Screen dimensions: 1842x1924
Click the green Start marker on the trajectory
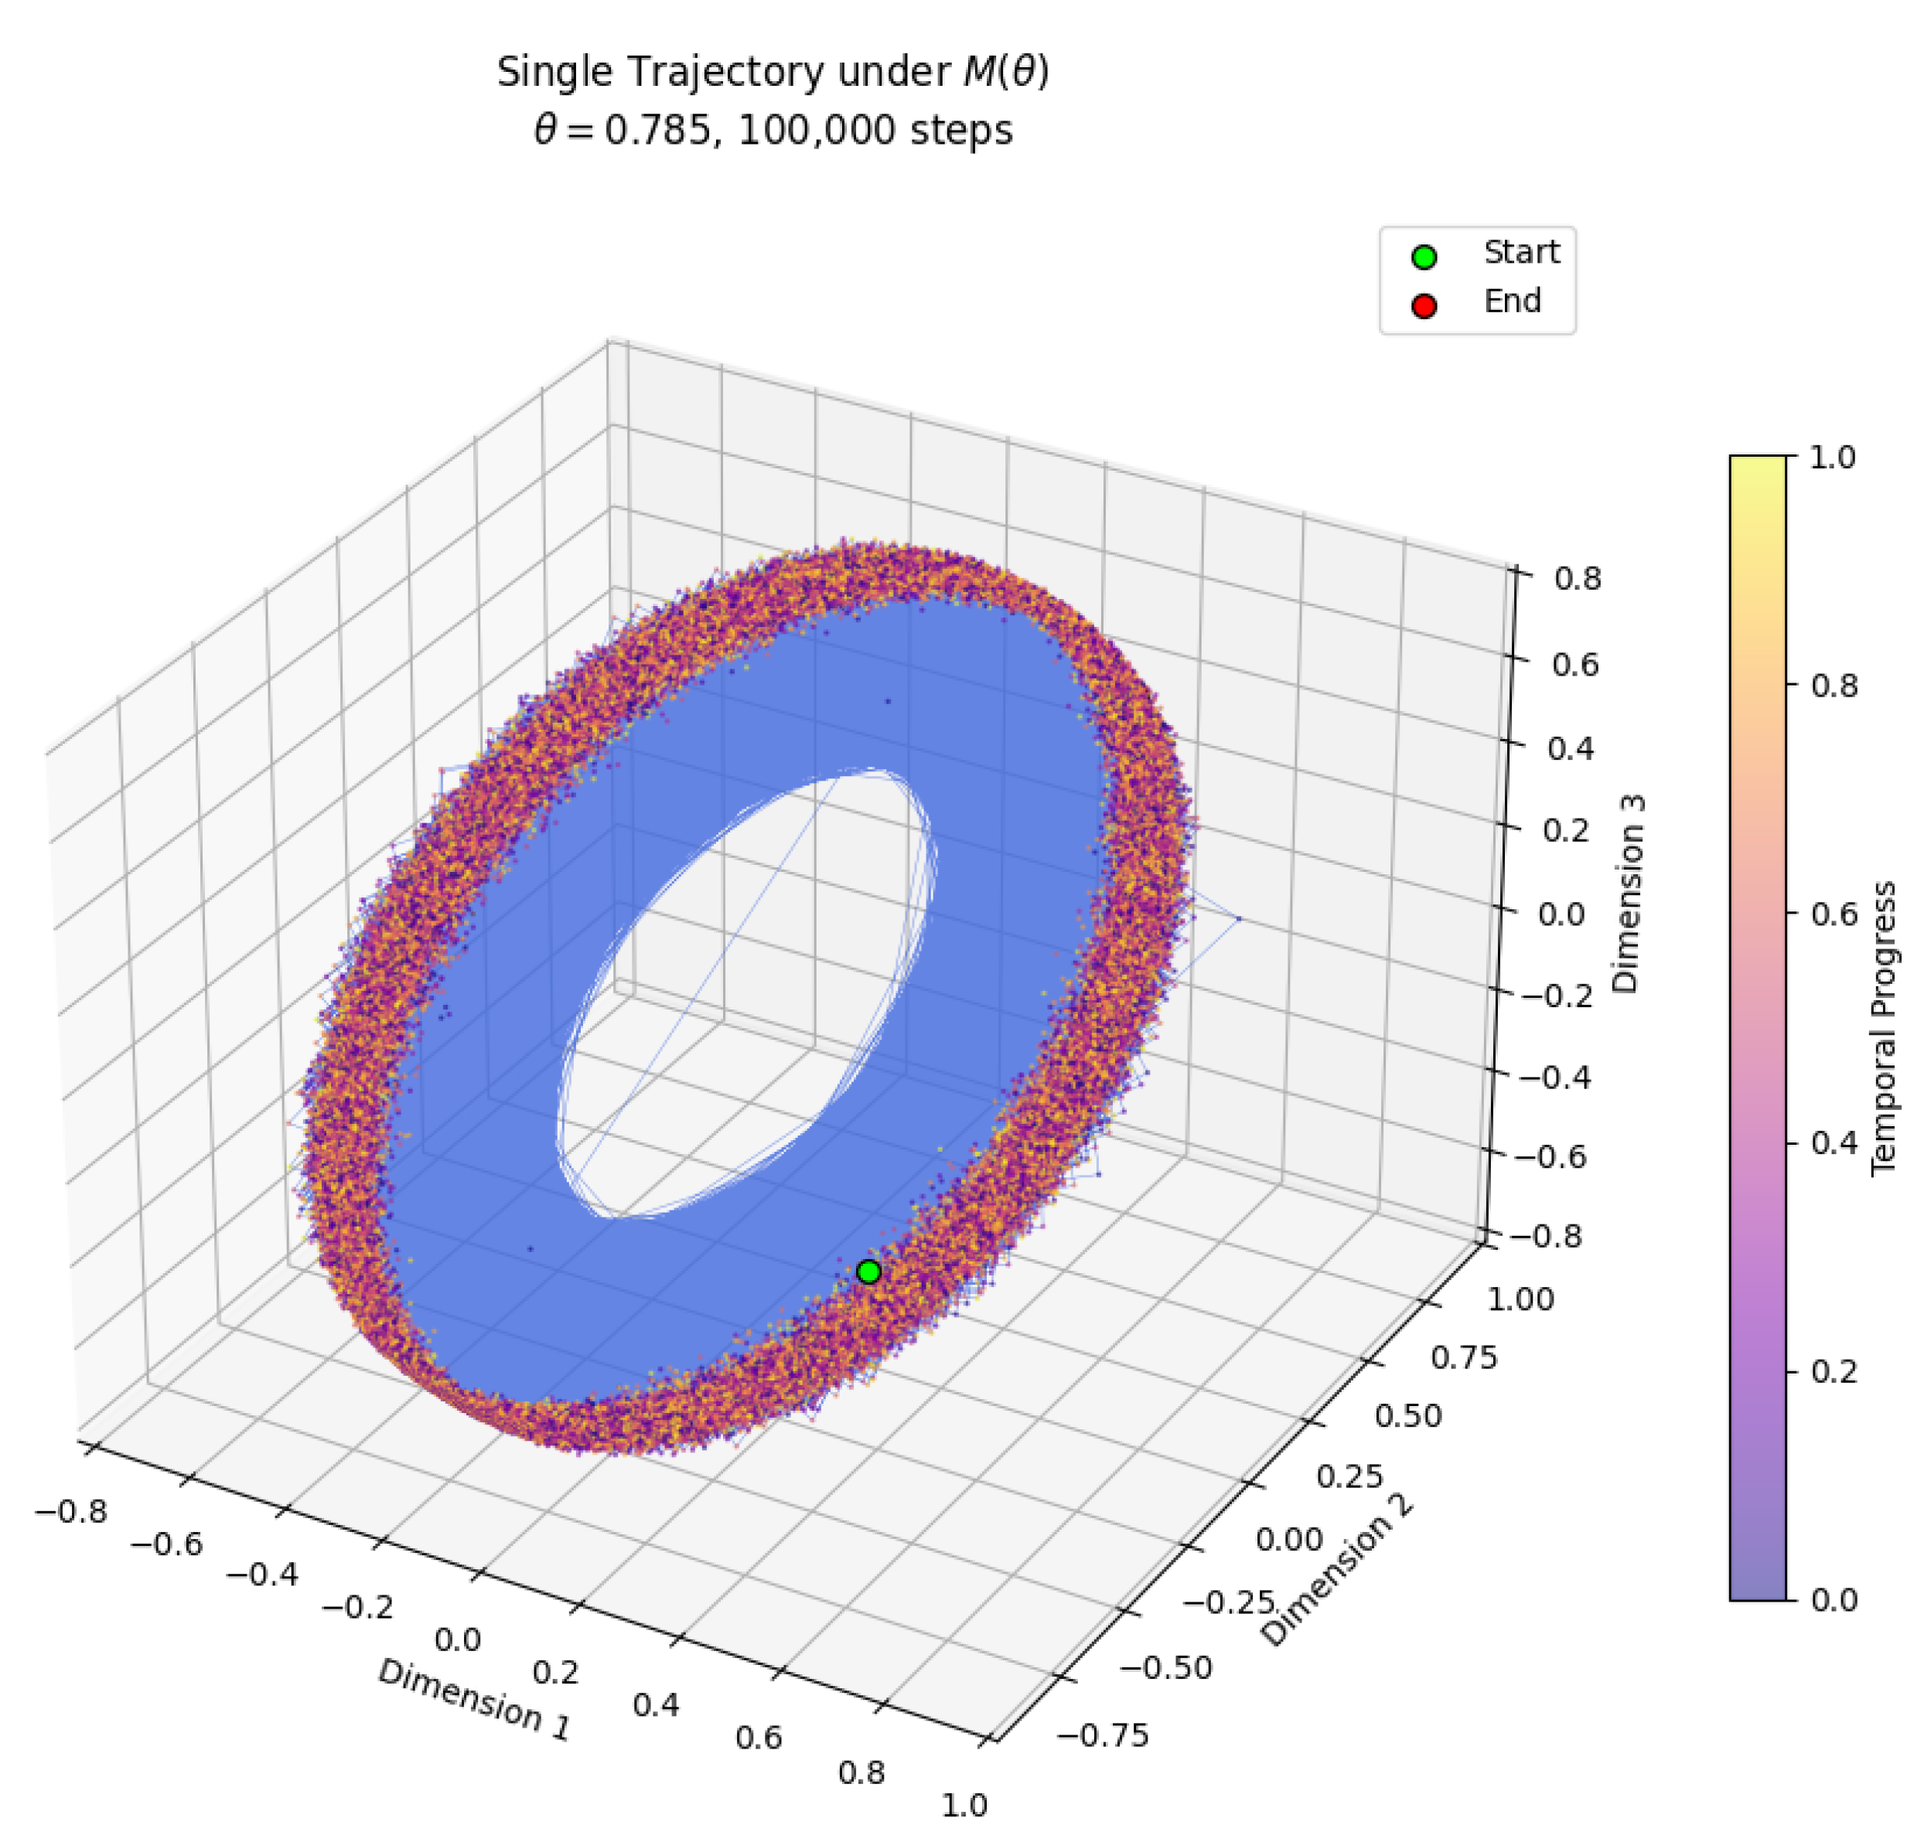click(868, 1272)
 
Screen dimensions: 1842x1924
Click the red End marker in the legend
click(1424, 306)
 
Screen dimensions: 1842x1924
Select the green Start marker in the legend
click(1424, 257)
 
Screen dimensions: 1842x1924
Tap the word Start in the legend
click(1520, 252)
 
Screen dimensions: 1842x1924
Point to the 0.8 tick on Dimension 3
click(1578, 578)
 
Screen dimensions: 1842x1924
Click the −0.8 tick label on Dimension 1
click(70, 1511)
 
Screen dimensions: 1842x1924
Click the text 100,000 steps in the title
click(875, 131)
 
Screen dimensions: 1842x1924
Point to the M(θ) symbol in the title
click(1005, 73)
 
